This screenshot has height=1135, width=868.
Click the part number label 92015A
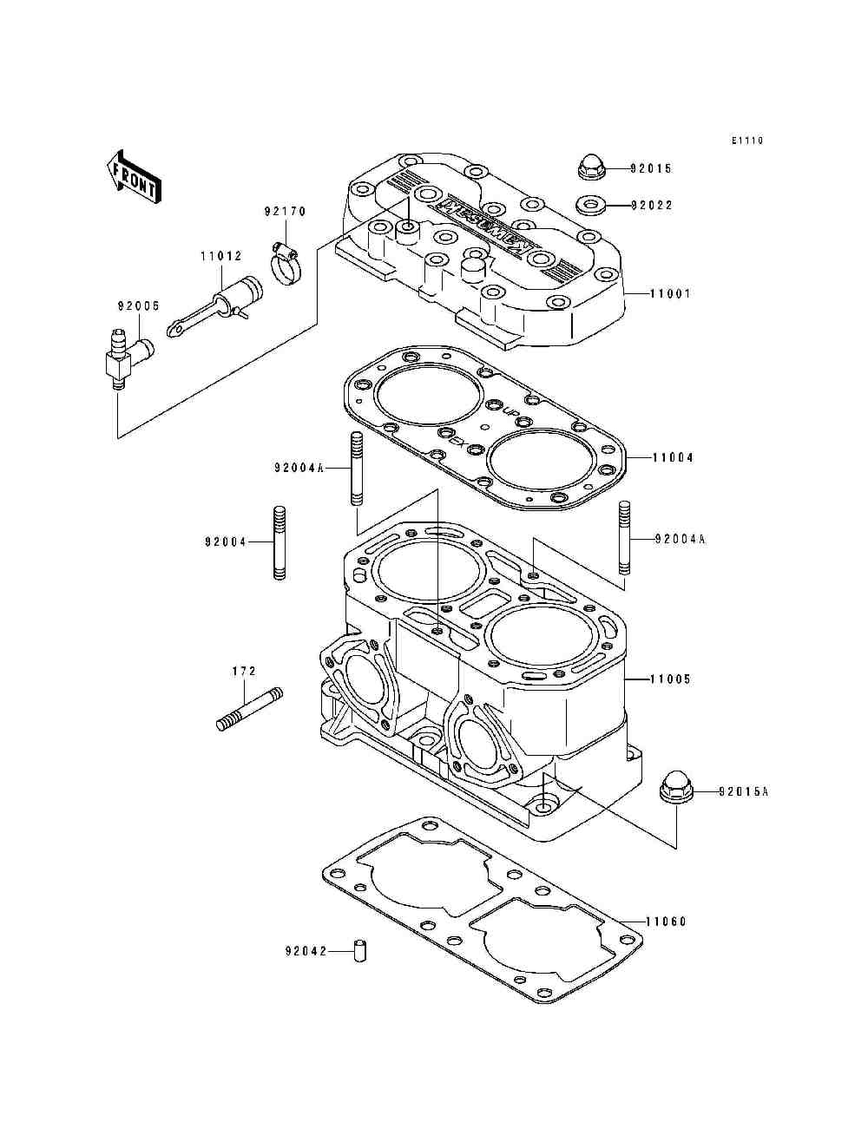(x=745, y=791)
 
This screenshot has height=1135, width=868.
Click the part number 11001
(x=671, y=294)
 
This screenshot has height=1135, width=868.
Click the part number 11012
(x=220, y=256)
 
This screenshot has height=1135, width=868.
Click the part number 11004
(x=672, y=457)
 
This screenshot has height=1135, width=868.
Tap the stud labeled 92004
(x=279, y=541)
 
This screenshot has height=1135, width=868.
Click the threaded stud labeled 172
(x=248, y=709)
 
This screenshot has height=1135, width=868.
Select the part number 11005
(x=671, y=679)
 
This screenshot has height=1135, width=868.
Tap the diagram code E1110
(x=746, y=141)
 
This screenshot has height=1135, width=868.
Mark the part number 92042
(x=305, y=951)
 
